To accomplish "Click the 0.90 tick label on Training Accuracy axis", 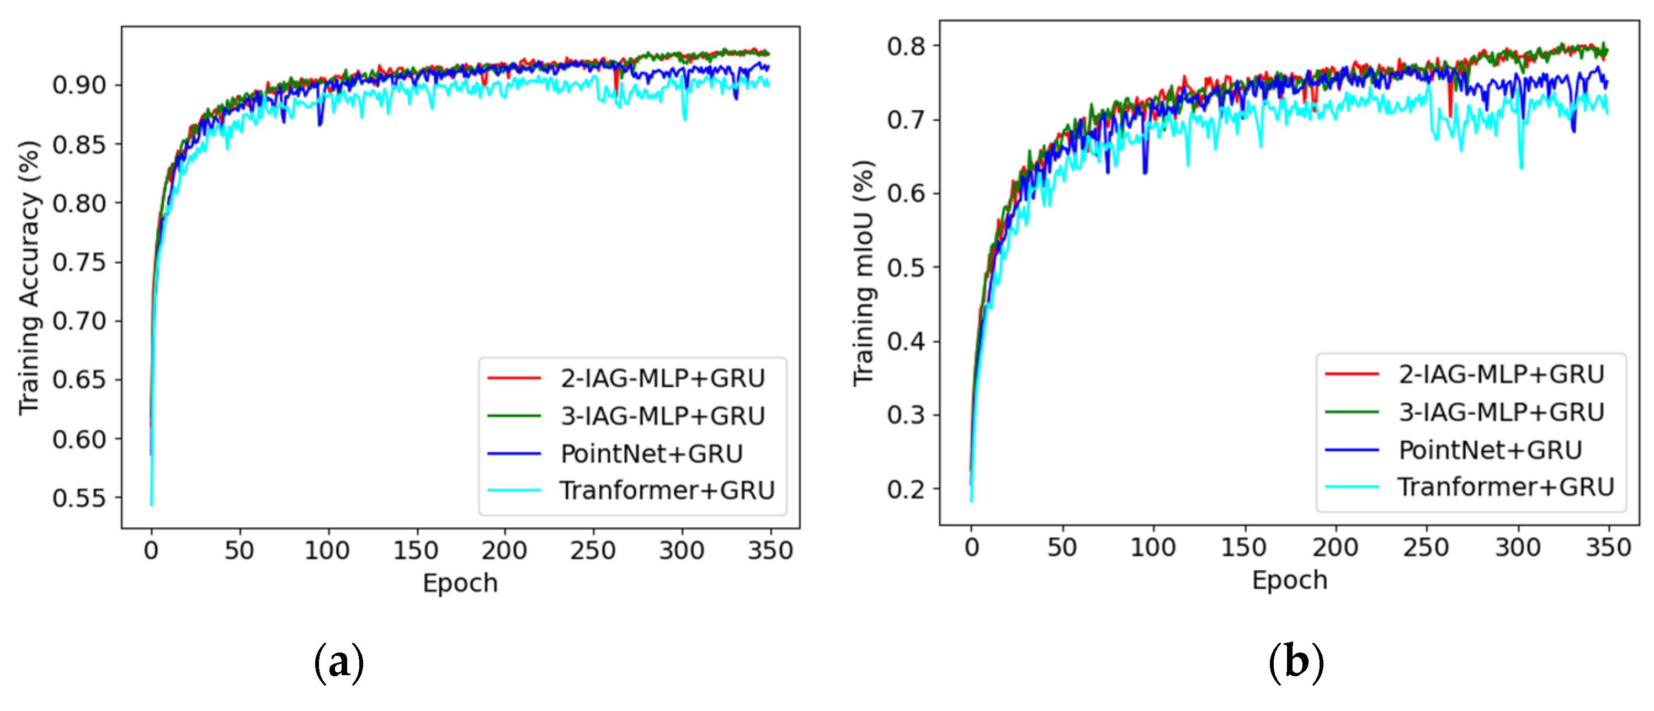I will pos(78,85).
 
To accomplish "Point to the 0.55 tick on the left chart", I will pos(78,498).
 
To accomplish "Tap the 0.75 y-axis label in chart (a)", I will pos(78,262).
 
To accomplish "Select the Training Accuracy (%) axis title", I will pos(29,278).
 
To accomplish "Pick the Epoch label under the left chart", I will pos(460,582).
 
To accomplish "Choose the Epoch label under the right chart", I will pos(1289,580).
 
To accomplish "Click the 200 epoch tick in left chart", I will pos(504,550).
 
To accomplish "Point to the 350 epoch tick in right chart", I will pos(1608,547).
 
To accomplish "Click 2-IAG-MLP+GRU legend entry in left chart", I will pos(662,378).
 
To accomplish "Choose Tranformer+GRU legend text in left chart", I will pos(667,490).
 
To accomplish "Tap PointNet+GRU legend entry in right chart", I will pos(1490,450).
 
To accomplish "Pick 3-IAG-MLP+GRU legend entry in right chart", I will pos(1501,412).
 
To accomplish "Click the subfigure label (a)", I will pos(339,662).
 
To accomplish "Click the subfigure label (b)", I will pos(1296,662).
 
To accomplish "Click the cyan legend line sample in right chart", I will pos(1352,487).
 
